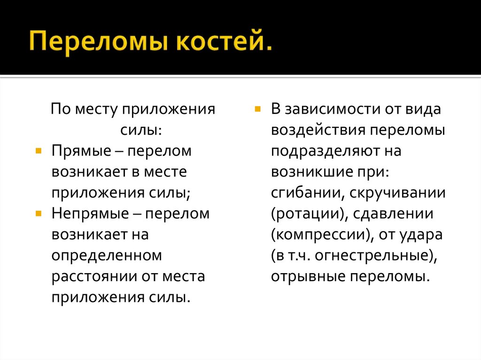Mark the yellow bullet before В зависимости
257,109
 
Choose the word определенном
107,255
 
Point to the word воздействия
318,130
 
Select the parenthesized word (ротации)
306,214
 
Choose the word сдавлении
392,214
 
